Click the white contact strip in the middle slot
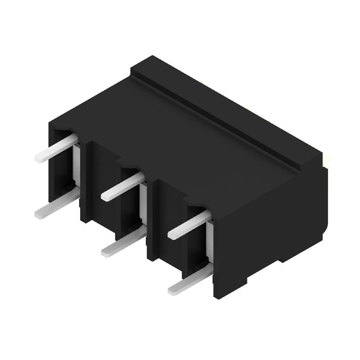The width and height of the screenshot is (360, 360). (x=143, y=202)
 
